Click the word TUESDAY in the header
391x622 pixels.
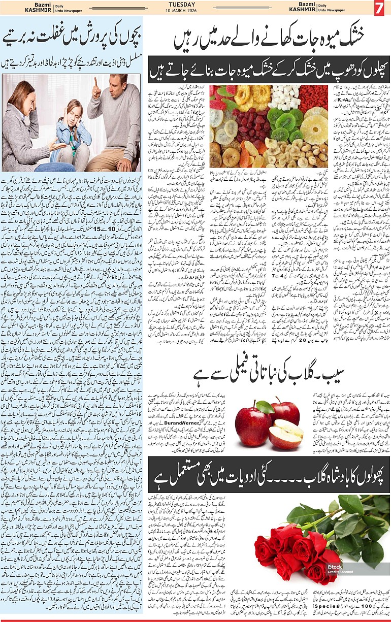click(195, 5)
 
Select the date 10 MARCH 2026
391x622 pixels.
click(195, 12)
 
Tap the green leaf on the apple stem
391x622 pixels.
click(265, 407)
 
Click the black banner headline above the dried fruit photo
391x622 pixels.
click(269, 70)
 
